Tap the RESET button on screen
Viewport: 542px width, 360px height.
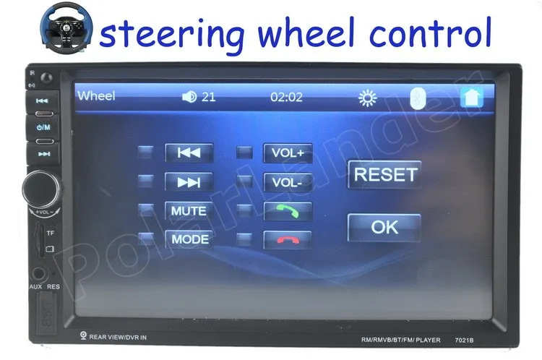tap(384, 174)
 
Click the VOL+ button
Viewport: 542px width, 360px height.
tap(288, 153)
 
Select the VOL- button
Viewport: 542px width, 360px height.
tap(288, 182)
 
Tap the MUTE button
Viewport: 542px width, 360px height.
tap(189, 211)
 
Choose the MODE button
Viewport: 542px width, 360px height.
tap(189, 239)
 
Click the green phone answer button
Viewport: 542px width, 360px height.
tap(288, 211)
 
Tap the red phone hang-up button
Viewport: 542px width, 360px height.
tap(288, 240)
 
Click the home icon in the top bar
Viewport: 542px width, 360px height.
tap(470, 97)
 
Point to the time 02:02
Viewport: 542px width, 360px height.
tap(286, 97)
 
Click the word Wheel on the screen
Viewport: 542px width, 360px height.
tap(96, 95)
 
